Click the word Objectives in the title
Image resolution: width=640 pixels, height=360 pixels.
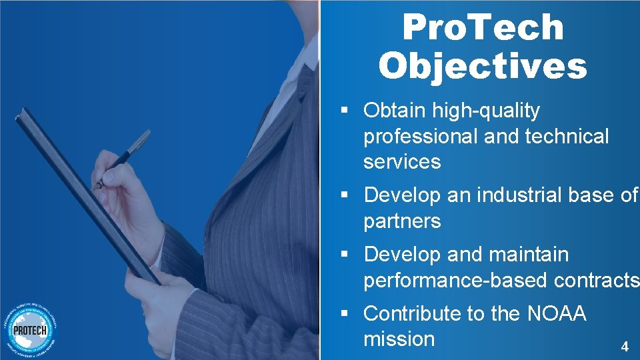pos(483,65)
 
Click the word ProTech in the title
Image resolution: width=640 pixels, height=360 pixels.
pos(483,27)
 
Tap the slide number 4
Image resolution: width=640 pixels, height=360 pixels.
pos(624,347)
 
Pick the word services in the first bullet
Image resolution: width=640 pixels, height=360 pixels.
pos(402,162)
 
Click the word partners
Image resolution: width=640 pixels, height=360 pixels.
pos(402,221)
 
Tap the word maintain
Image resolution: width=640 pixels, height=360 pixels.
pos(529,255)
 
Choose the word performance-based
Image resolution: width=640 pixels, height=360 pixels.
pos(456,281)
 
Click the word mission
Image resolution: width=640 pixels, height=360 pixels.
pos(399,339)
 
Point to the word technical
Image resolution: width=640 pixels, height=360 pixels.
pos(567,137)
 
